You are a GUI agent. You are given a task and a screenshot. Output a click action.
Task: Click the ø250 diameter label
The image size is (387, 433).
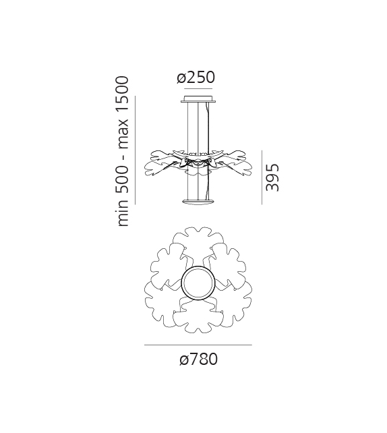pos(196,78)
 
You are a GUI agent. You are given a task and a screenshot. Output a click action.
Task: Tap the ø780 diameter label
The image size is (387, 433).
pos(198,359)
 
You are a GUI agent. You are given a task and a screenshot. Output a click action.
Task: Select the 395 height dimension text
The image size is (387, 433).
pos(272,177)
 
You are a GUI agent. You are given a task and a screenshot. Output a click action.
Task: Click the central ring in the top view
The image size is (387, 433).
pos(198,283)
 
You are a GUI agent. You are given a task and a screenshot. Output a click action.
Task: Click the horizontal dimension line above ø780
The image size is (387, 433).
pos(198,345)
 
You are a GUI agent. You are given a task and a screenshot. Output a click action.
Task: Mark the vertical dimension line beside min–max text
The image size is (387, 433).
pos(136,149)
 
